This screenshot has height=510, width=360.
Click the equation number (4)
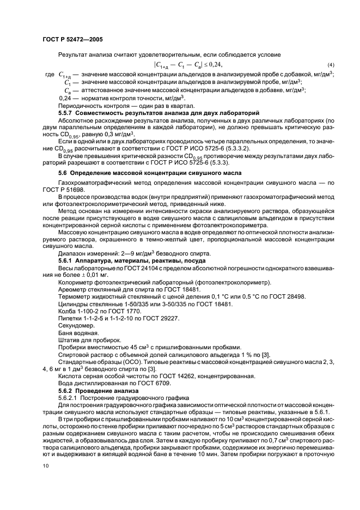[331, 64]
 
